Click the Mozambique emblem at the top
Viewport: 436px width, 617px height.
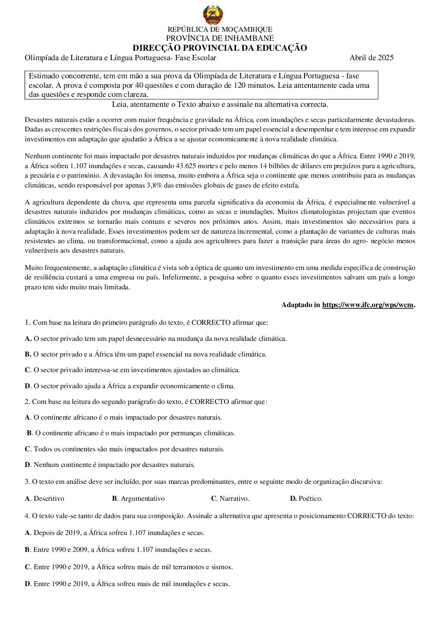point(213,15)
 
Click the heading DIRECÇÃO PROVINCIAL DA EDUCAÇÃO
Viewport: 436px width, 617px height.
point(220,48)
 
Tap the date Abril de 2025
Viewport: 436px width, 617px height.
point(371,58)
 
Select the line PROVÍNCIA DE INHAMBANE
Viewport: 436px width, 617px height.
point(220,38)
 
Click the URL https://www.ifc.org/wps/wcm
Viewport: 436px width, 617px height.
point(368,305)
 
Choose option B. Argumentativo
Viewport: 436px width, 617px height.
point(138,499)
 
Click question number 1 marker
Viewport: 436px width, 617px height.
point(27,322)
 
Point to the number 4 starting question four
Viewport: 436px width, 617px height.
point(27,516)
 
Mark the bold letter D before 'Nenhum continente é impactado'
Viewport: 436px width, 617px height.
point(27,465)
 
